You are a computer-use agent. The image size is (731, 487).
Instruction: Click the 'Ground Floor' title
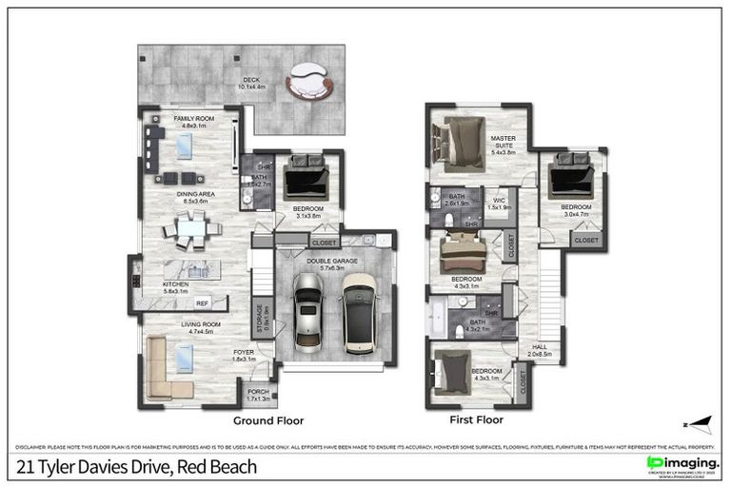click(267, 419)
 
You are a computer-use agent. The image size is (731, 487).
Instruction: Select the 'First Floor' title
click(476, 419)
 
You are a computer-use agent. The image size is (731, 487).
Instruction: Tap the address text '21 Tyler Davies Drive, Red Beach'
click(135, 467)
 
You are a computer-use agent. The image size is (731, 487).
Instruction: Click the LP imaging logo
click(682, 463)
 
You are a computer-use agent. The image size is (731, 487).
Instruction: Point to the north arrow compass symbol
click(699, 420)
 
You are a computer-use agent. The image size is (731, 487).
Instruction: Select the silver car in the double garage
click(309, 312)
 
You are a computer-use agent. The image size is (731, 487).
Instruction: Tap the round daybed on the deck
click(310, 80)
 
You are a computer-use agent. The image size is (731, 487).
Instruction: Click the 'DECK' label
click(250, 81)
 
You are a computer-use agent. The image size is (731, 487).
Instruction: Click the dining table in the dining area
click(191, 229)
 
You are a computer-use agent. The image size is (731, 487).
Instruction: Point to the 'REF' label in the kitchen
click(202, 303)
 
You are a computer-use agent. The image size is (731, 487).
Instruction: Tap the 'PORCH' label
click(258, 392)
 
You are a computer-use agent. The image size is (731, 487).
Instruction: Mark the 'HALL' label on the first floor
click(540, 349)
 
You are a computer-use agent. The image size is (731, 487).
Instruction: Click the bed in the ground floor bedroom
click(306, 178)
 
